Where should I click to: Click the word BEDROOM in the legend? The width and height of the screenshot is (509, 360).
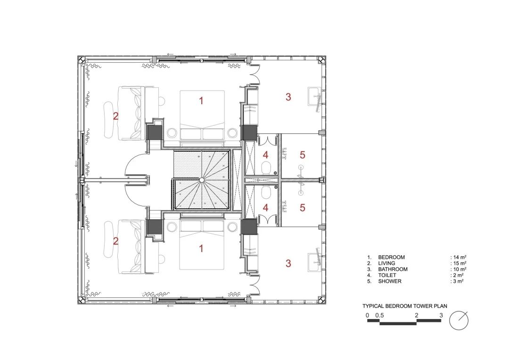point(391,257)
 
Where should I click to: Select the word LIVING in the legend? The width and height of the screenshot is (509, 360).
point(386,263)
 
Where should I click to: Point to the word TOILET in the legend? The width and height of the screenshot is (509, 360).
point(387,275)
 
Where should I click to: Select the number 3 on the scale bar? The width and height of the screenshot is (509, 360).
point(441,315)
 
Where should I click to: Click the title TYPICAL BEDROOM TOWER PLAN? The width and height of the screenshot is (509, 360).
point(405,306)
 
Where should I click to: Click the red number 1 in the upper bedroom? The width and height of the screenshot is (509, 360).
point(201,100)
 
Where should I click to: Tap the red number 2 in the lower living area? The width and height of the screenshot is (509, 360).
point(115,241)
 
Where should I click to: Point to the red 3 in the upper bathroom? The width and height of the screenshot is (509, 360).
point(288,98)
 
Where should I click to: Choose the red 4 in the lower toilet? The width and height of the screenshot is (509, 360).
point(266,207)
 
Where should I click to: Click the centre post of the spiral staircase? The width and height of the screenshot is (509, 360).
point(202,180)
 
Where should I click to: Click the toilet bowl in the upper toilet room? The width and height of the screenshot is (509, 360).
point(266,166)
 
